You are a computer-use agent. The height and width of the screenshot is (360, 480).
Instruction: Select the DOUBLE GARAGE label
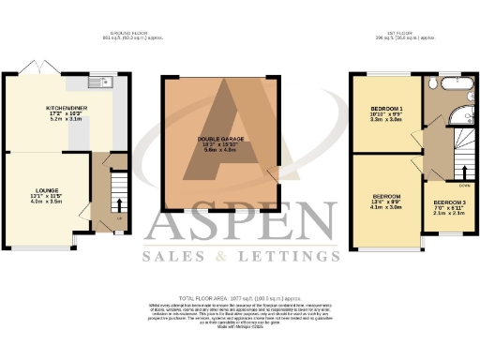[220, 138]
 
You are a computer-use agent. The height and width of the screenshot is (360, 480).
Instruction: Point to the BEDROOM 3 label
[448, 202]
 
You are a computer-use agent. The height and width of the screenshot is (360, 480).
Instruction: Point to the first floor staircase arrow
[463, 172]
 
